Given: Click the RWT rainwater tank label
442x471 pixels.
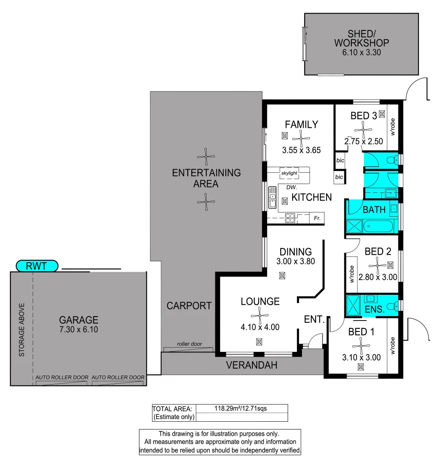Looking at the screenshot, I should pos(37,266).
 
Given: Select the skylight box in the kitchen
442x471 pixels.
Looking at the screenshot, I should pos(289,173).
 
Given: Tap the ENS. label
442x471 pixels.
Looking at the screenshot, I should pos(374,310).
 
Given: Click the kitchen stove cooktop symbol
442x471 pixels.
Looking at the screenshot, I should pos(290,218).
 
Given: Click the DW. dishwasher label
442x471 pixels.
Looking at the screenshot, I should pos(292,188).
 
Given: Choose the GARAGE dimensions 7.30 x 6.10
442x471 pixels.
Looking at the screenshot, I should pos(79,329).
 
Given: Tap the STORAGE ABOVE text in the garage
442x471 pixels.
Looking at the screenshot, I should pos(21,330).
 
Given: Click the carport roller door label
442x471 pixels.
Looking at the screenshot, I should pos(189,344).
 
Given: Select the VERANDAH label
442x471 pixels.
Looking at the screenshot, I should pos(251,365).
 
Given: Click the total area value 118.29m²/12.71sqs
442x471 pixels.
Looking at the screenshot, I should pos(241,409).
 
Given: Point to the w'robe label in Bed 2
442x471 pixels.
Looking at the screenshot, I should pos(351,275).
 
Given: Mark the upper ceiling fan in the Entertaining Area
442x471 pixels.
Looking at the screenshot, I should pos(206,156).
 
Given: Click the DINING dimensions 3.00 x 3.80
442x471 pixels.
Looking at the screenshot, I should pos(295,262).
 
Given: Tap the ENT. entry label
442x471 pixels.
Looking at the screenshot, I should pos(314,320).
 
